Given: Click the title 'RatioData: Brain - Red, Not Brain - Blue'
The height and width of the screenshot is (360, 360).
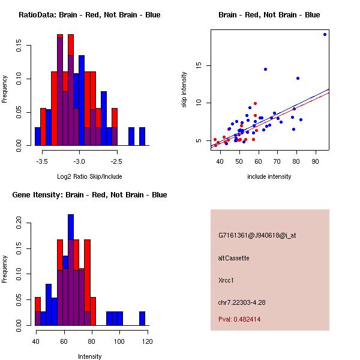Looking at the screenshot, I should [89, 15].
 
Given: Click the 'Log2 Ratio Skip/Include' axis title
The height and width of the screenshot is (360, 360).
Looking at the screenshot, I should [89, 176].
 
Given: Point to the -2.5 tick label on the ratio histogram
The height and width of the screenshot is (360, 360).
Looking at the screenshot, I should [116, 161].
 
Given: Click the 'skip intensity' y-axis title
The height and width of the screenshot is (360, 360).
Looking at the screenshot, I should [184, 90].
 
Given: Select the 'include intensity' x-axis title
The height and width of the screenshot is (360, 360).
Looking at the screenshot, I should [269, 176].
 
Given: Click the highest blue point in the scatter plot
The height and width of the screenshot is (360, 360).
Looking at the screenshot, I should [325, 34].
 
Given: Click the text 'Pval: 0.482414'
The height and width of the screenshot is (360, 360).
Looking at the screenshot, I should [239, 319].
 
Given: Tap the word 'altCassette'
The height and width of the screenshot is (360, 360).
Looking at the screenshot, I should [234, 258].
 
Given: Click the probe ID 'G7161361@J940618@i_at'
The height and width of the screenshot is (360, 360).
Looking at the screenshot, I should [257, 235].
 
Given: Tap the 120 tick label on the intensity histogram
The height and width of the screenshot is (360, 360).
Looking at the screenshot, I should [147, 341].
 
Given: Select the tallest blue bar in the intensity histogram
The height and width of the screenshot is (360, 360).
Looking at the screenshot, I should [71, 270].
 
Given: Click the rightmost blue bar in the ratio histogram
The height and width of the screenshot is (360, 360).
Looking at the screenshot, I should [142, 137].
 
